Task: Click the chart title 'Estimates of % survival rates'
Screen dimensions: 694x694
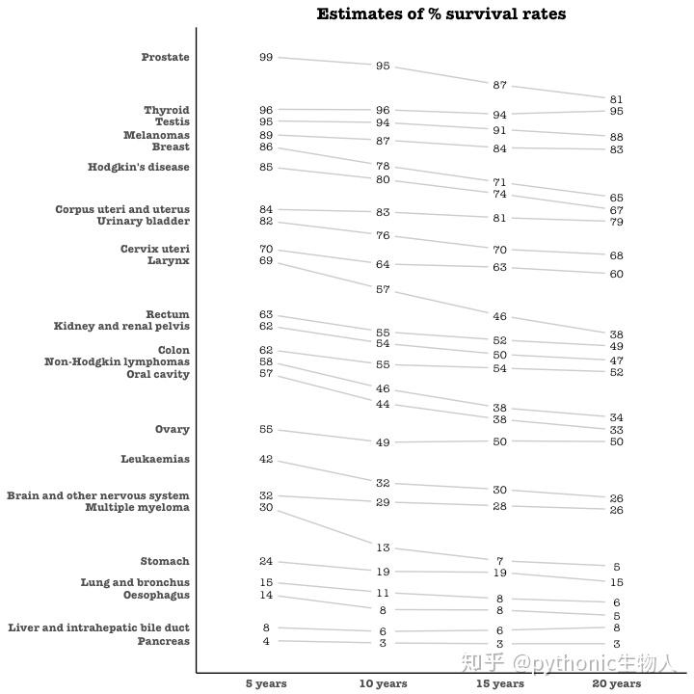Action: (x=440, y=14)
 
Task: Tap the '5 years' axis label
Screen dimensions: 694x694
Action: (x=266, y=683)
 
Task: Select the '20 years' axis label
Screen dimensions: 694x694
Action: (x=617, y=683)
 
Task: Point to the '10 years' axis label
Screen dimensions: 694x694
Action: (x=383, y=683)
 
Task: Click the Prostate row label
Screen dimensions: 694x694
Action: (x=165, y=58)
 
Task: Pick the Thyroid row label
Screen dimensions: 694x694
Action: (x=167, y=111)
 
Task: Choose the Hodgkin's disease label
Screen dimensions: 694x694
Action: (x=139, y=168)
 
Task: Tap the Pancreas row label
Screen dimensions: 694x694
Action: (x=163, y=641)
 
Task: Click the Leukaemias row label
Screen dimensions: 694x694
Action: (x=155, y=460)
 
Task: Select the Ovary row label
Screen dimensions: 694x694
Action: (x=173, y=430)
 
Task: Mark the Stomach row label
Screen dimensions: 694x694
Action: (x=165, y=562)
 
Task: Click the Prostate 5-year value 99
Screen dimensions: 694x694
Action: (x=266, y=58)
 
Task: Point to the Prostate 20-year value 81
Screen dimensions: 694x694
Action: (x=617, y=99)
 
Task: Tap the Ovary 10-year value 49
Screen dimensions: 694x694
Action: (x=383, y=442)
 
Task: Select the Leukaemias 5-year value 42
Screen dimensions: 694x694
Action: (x=266, y=460)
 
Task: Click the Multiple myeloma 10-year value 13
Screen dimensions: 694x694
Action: (x=383, y=548)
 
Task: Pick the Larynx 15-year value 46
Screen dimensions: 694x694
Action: (x=499, y=317)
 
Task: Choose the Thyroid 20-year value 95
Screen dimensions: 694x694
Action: (x=617, y=112)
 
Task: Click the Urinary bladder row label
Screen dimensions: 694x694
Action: (x=144, y=222)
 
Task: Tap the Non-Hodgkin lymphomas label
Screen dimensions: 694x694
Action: (x=117, y=362)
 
